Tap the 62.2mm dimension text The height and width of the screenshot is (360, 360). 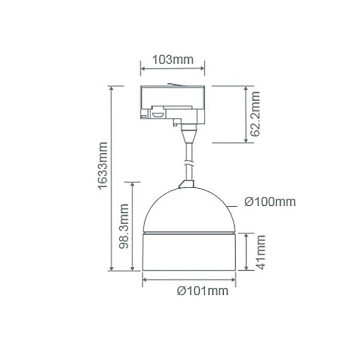[254, 114]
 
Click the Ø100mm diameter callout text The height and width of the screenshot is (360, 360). [270, 202]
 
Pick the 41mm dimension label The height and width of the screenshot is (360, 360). [260, 252]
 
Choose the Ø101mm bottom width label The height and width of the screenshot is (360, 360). [203, 291]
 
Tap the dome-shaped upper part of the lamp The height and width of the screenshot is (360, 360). [189, 211]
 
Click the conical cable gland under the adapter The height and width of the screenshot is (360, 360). [188, 135]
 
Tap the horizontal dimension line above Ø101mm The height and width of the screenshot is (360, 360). [189, 279]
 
